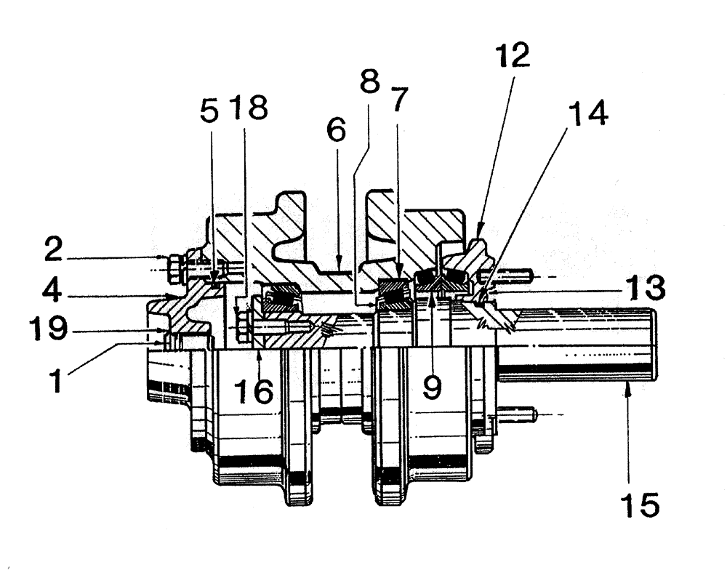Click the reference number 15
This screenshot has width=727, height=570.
click(640, 502)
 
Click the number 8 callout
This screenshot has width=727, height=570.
click(370, 81)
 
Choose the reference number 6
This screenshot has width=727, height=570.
click(336, 130)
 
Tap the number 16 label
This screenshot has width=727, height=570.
click(252, 391)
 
